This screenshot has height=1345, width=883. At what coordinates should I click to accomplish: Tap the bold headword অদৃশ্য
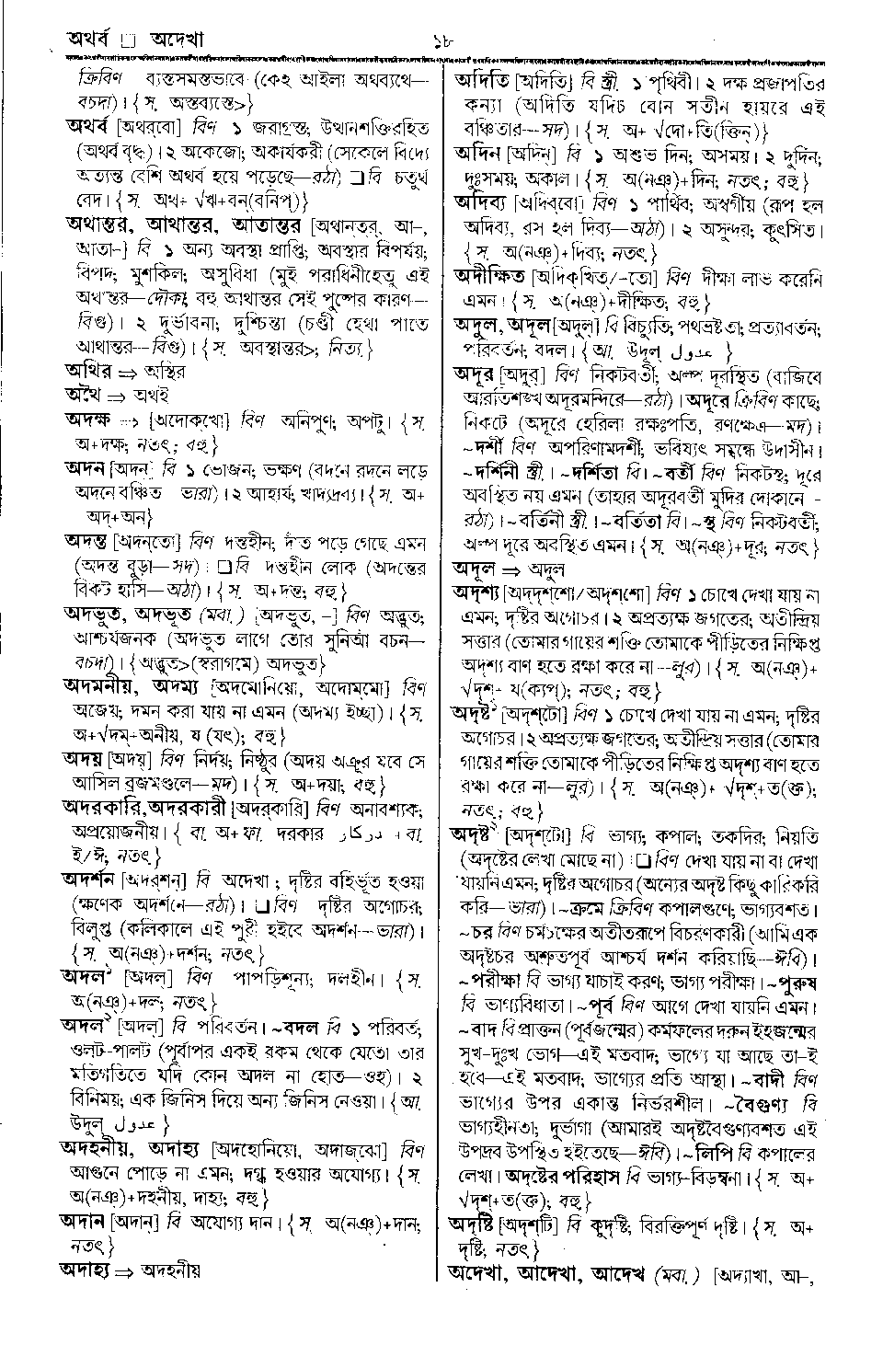(x=476, y=588)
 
